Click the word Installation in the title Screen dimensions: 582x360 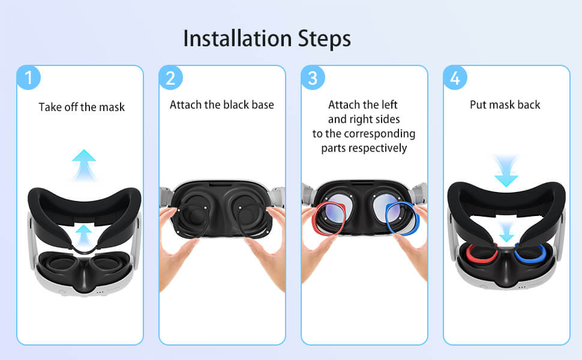[238, 38]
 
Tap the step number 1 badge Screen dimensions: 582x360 [28, 77]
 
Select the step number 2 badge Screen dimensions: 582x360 [171, 77]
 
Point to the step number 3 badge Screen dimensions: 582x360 [313, 77]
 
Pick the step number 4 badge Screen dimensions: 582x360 [455, 77]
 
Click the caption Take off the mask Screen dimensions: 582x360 [82, 107]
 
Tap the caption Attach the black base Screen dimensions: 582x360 [222, 104]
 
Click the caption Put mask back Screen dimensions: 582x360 [505, 105]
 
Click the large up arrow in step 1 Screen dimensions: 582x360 [84, 165]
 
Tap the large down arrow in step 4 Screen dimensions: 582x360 [506, 171]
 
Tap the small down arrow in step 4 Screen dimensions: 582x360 [506, 232]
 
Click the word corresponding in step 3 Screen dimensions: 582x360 [380, 134]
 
